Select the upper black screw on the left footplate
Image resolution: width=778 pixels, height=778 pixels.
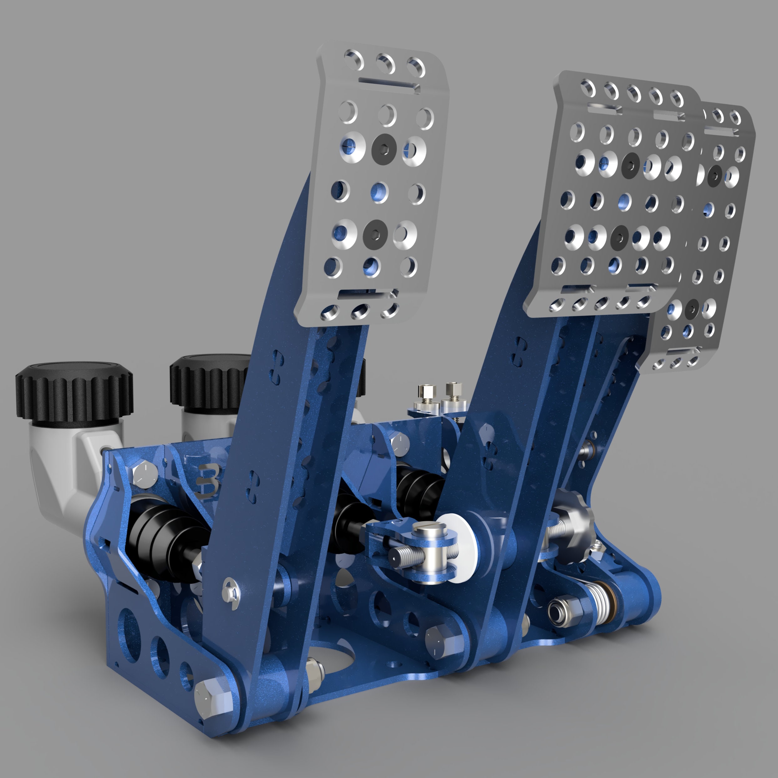click(x=384, y=149)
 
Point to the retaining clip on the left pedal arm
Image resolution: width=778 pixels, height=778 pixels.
click(x=231, y=590)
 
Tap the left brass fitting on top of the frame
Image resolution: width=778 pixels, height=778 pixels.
click(x=427, y=395)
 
